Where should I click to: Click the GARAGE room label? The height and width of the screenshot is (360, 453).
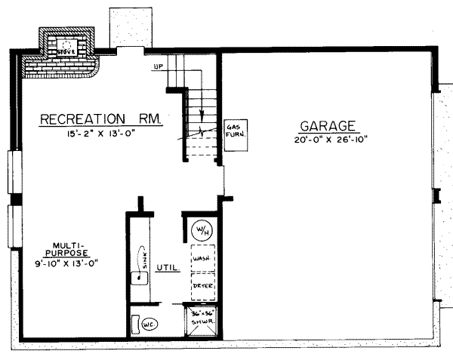pyautogui.click(x=327, y=126)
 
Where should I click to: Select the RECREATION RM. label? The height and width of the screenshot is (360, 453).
pyautogui.click(x=101, y=118)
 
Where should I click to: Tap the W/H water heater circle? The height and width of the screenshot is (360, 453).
pyautogui.click(x=202, y=229)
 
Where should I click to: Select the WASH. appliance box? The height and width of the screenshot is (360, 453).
pyautogui.click(x=202, y=257)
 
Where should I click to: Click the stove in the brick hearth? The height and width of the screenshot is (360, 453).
pyautogui.click(x=69, y=47)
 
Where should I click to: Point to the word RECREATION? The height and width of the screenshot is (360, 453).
pyautogui.click(x=82, y=118)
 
